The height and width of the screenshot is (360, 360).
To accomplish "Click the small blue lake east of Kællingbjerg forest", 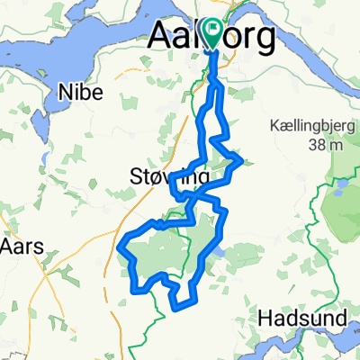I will (x=341, y=189).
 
